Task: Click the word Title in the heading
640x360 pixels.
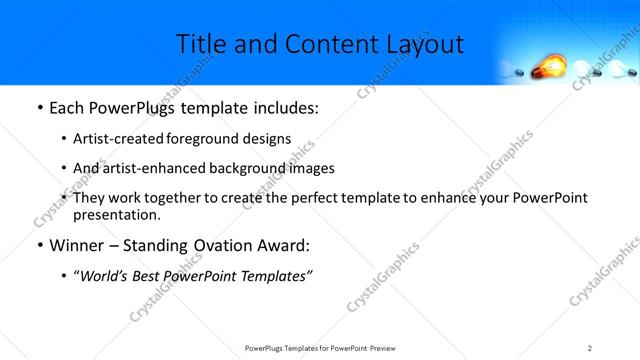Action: [200, 45]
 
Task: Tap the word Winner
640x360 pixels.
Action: [79, 245]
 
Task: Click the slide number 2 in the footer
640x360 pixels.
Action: [590, 347]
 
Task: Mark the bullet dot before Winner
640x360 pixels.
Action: [38, 245]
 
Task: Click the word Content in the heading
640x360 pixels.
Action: [308, 45]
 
